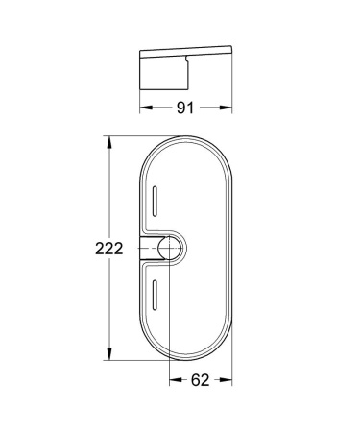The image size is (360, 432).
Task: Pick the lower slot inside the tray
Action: coord(154,298)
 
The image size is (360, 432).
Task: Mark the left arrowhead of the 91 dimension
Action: coord(145,107)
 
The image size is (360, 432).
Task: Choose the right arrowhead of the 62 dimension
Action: coord(230,381)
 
